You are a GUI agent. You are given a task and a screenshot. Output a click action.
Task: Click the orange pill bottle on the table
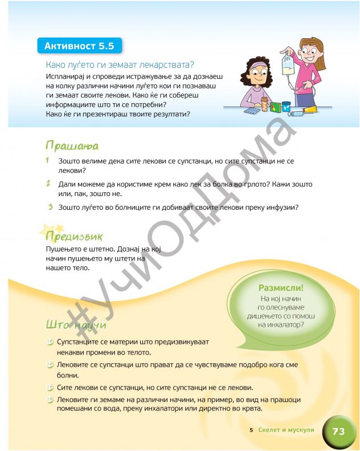coord(264,104)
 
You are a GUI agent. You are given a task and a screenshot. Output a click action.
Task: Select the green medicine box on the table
coord(276,107)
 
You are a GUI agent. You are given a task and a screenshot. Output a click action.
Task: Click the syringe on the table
coord(297,113)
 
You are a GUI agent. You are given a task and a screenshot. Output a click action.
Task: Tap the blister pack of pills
coord(251,112)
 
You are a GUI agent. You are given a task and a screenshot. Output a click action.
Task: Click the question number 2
coord(50,184)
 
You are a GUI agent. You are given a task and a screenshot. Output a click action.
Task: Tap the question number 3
coord(50,207)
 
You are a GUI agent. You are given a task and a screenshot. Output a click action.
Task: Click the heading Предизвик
coord(74,236)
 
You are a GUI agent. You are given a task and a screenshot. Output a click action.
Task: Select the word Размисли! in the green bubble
coord(281,289)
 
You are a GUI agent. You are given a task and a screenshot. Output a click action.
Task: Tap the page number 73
coord(338,432)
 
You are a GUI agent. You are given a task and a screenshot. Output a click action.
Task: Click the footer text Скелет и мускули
coord(286,430)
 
